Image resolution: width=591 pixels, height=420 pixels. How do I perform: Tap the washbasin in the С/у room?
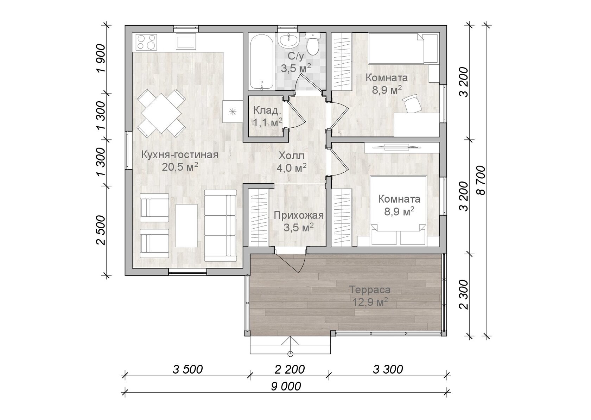tap(289, 41)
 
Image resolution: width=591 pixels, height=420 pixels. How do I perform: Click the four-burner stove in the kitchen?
tap(146, 42)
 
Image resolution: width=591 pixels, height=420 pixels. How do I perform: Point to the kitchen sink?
tap(186, 42)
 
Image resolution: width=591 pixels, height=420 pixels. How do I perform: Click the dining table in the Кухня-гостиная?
tap(161, 113)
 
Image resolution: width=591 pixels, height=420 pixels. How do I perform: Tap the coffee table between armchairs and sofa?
tap(186, 225)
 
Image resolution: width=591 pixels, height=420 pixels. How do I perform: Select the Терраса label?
tap(370, 290)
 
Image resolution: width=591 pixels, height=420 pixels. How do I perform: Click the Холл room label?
tap(291, 155)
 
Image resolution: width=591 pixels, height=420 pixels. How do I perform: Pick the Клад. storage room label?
tap(267, 110)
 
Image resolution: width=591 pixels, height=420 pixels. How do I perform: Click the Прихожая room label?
tap(298, 216)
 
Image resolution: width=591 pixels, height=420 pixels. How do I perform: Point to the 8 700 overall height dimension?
tap(481, 180)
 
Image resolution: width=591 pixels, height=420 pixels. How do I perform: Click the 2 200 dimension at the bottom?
tap(290, 370)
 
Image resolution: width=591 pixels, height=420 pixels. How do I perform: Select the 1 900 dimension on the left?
tap(101, 58)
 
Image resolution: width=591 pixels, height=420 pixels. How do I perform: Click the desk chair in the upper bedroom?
tap(412, 104)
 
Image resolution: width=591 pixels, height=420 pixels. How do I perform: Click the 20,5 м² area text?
tap(180, 167)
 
